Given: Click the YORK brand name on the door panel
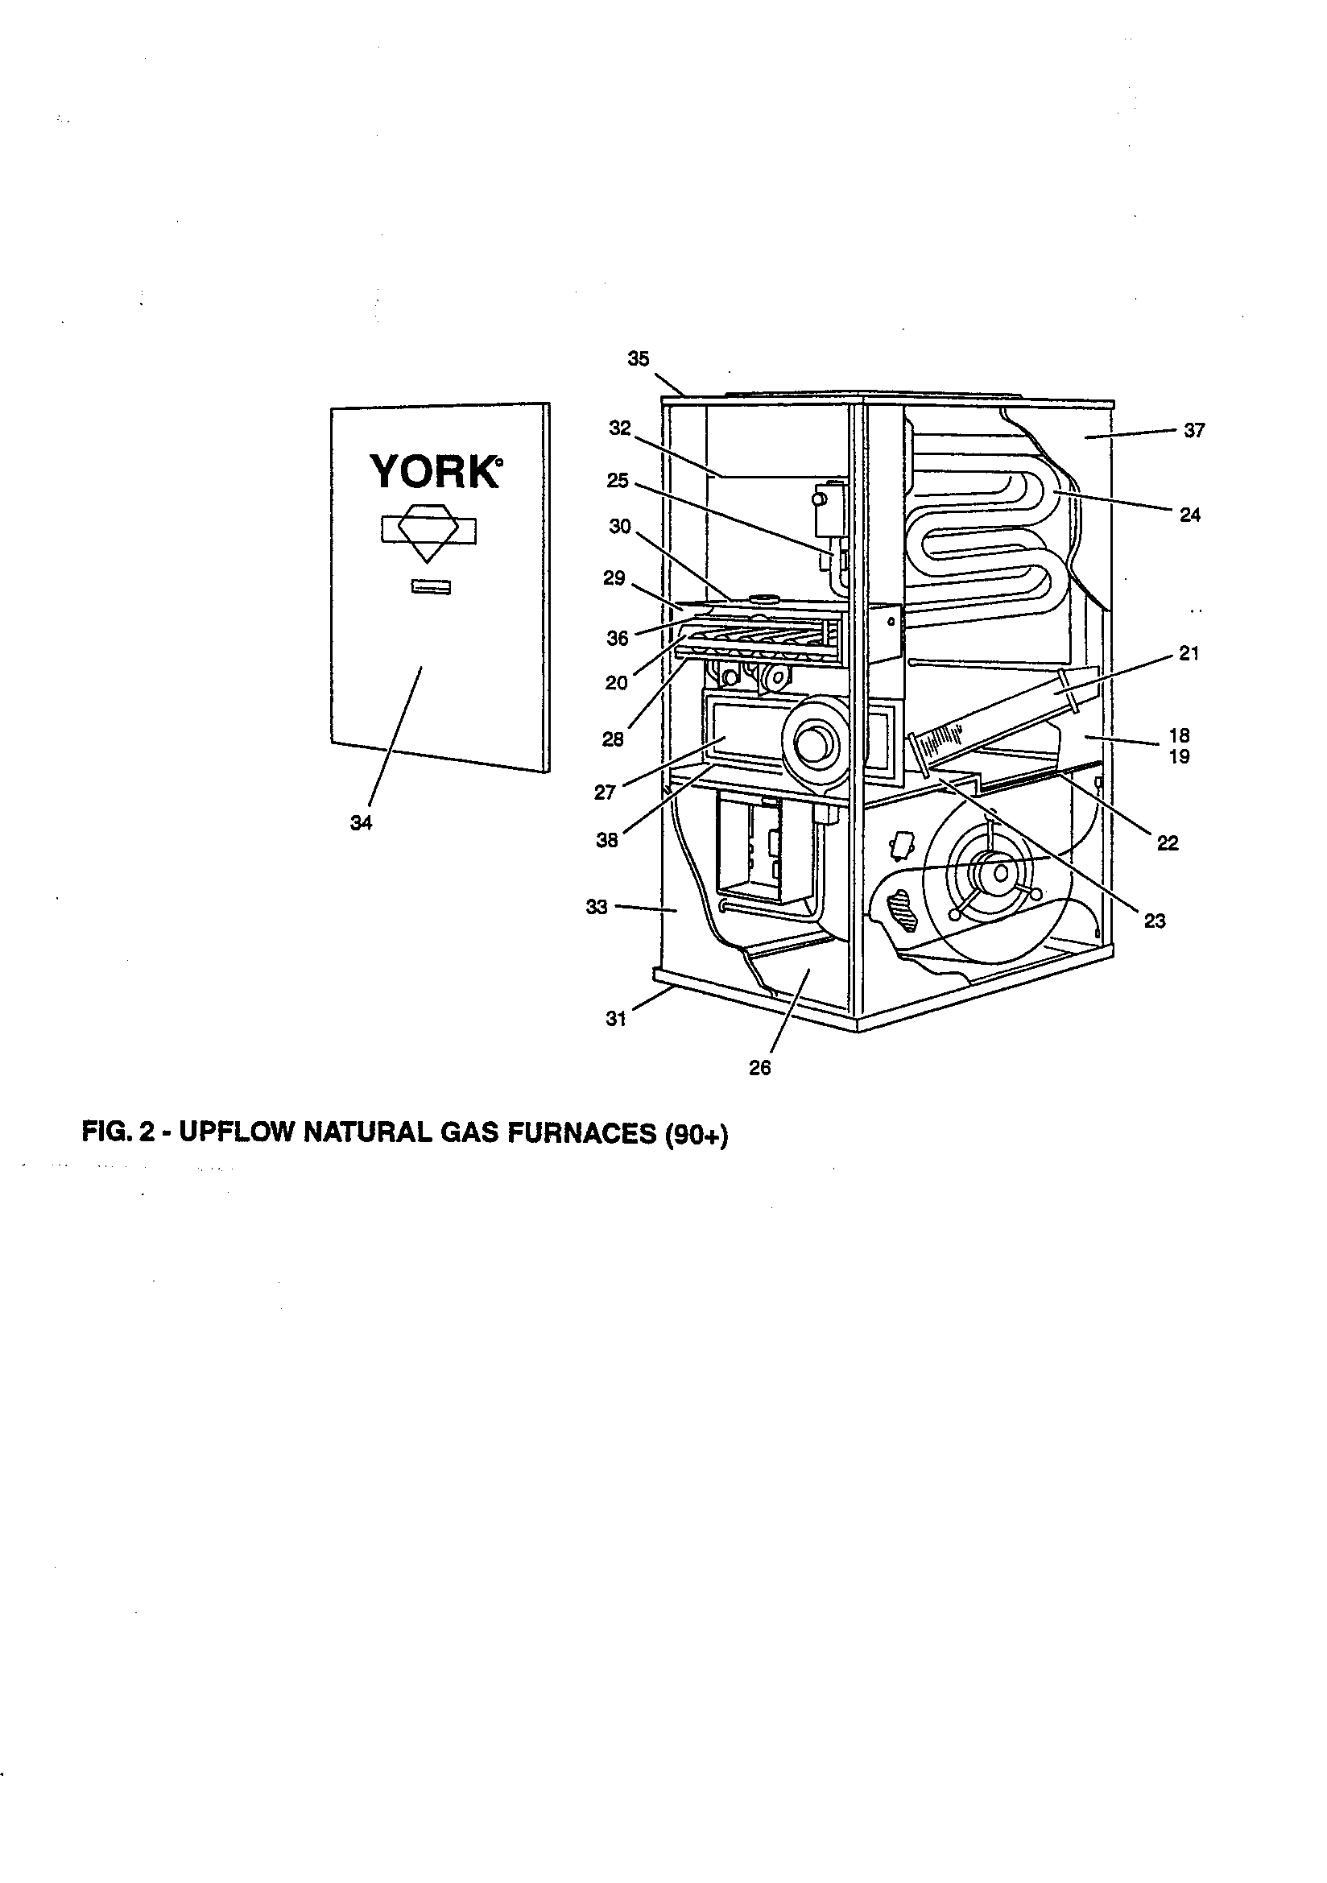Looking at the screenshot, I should (435, 472).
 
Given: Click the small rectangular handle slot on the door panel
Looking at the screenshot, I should (431, 587).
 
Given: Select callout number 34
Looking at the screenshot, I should (361, 823).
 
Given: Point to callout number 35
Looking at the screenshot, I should (638, 358).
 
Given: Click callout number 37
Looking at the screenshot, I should (1194, 431).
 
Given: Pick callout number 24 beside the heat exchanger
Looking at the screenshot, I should (1189, 515).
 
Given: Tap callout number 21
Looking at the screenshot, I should (1189, 654).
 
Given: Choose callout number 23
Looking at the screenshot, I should (1155, 921).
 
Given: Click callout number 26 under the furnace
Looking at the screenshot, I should (760, 1068).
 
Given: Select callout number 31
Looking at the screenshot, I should (616, 1020).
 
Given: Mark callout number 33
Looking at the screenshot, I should (597, 907).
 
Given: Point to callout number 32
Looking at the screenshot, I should (620, 428).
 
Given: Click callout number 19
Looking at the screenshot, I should (1180, 757).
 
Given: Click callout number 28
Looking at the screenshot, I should (613, 739).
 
